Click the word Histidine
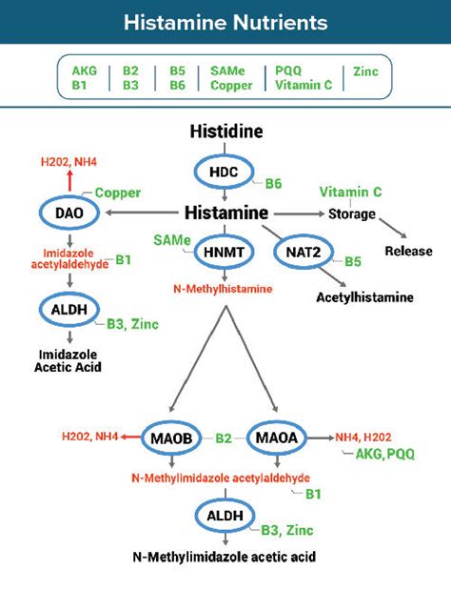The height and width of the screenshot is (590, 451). [x=225, y=131]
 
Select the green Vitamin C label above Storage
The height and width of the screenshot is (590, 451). [x=350, y=192]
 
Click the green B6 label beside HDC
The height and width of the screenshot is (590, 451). [x=273, y=182]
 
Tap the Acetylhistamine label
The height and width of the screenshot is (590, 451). [x=365, y=297]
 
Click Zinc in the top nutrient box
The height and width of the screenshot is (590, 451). [x=364, y=71]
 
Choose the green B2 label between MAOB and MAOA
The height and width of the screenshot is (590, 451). [x=224, y=437]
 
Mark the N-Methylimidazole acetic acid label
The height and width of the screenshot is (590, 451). [x=225, y=557]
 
